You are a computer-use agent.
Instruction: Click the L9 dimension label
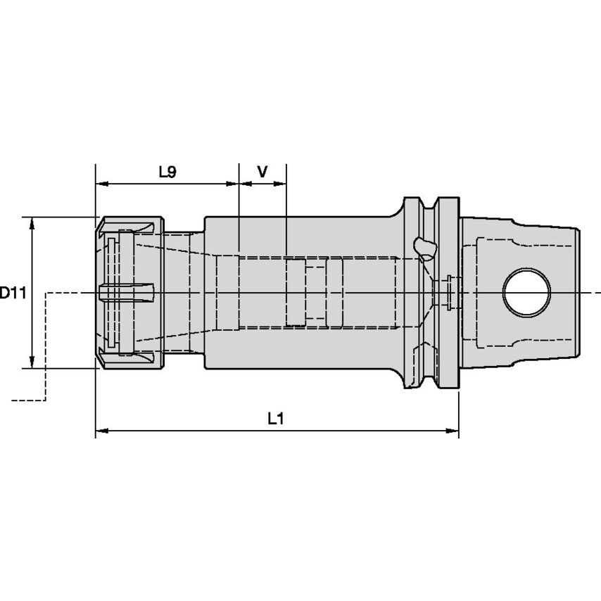(167, 172)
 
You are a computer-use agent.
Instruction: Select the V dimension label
(262, 172)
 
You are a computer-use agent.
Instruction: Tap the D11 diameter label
(12, 293)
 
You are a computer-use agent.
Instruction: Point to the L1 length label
(276, 419)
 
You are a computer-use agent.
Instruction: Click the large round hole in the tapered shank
(526, 292)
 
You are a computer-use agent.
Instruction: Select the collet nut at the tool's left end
(129, 292)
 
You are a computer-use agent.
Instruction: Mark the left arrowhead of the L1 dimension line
(101, 431)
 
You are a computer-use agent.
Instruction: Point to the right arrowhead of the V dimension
(281, 184)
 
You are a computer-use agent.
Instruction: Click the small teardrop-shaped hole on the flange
(424, 247)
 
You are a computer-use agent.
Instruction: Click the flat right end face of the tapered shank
(578, 292)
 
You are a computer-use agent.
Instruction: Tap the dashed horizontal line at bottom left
(28, 400)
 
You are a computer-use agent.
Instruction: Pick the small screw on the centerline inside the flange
(448, 291)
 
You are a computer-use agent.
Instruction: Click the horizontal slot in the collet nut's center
(127, 292)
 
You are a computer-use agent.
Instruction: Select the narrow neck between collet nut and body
(184, 292)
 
